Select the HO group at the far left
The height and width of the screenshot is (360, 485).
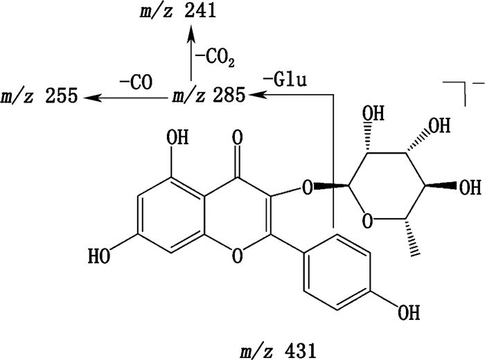[101, 257]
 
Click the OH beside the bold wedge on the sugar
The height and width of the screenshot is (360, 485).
[469, 187]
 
